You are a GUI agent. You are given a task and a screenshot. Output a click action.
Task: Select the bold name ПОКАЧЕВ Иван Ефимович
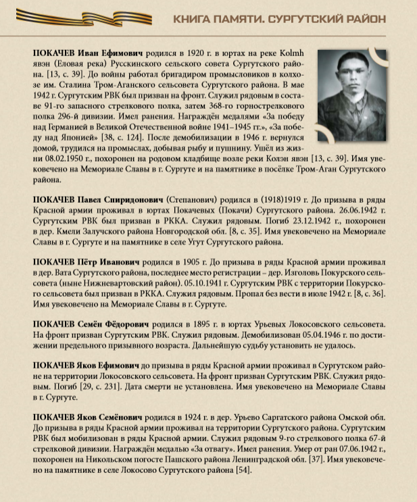[84, 52]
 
